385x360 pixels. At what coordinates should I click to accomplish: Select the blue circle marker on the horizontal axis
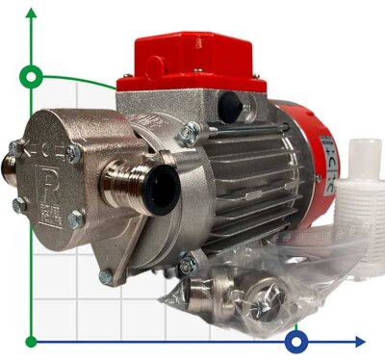298,341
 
